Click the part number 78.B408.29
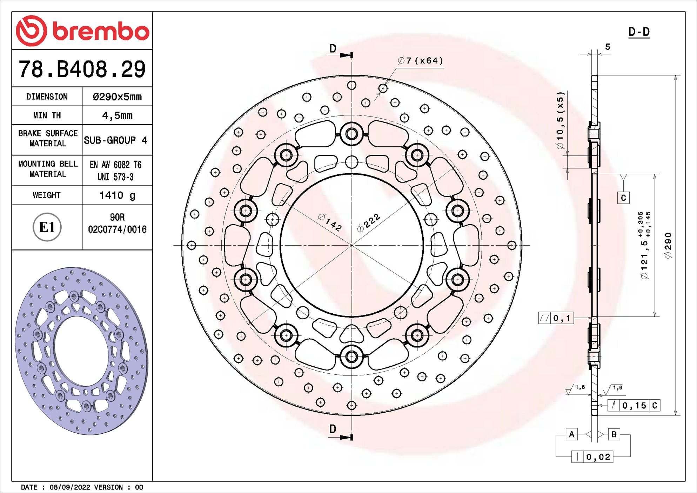pos(82,69)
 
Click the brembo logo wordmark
pos(101,31)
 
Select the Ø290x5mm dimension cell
pos(117,96)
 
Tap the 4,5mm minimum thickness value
pos(117,115)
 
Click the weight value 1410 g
pos(117,195)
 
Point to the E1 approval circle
pos(47,227)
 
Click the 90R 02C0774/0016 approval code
pos(117,224)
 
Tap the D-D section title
pos(639,32)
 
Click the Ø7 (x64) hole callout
pos(420,61)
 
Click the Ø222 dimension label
pos(368,223)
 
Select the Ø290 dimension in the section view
pos(668,245)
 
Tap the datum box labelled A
pos(572,434)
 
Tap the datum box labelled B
pos(614,434)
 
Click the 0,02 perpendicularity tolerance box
pos(593,457)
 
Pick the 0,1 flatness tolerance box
pos(556,318)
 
